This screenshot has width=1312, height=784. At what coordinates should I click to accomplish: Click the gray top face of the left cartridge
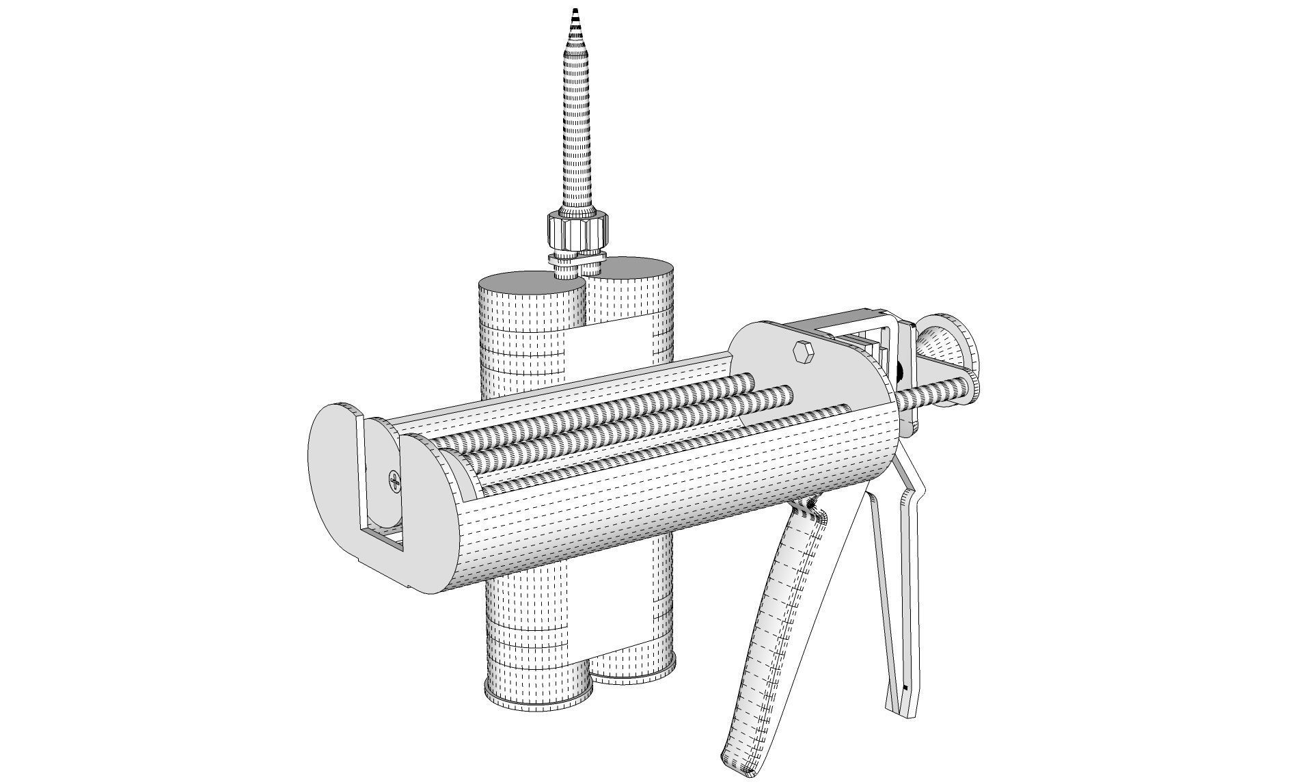pyautogui.click(x=526, y=282)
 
